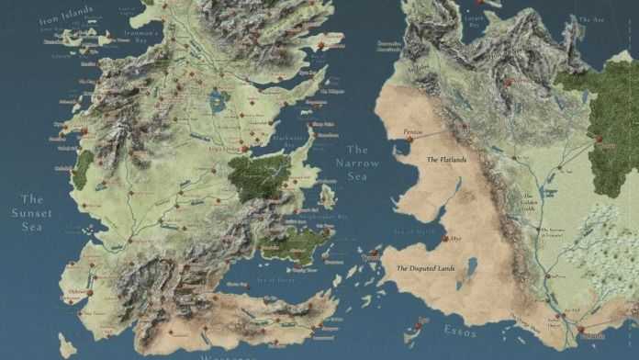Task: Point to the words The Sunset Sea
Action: pyautogui.click(x=32, y=213)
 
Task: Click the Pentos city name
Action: pyautogui.click(x=413, y=133)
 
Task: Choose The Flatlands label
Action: pyautogui.click(x=446, y=160)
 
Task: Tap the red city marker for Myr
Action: pyautogui.click(x=445, y=239)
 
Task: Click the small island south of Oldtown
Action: pyautogui.click(x=66, y=345)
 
